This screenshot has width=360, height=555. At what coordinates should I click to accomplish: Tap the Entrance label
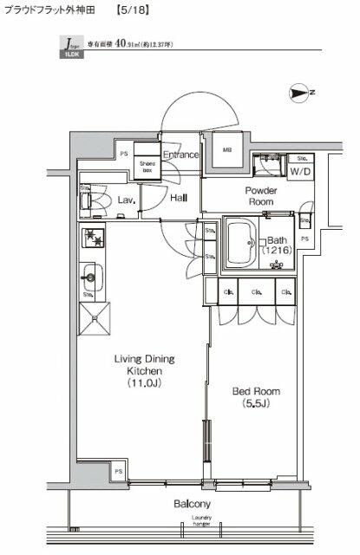coord(180,155)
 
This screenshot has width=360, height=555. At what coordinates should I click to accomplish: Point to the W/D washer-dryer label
coord(301,171)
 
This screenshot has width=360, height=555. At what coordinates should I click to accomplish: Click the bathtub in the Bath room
coord(242,243)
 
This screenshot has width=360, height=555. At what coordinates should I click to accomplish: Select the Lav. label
coord(125,199)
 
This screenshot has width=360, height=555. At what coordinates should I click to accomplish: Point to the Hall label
coord(180,199)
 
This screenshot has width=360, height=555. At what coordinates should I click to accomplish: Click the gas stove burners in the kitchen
coord(92,237)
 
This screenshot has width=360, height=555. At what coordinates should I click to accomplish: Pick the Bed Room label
coord(253,391)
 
